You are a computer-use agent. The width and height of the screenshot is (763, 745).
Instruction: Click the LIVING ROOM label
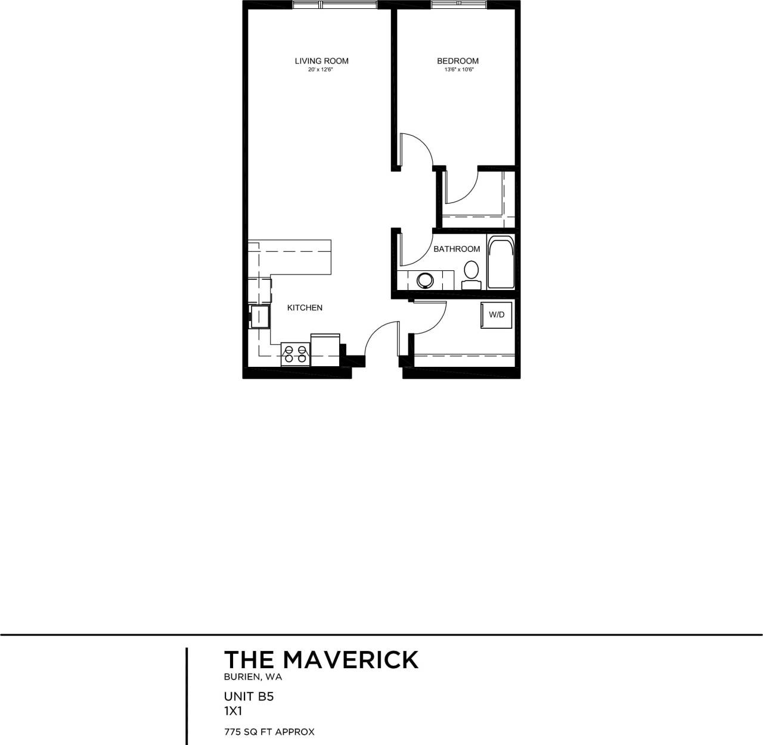click(321, 61)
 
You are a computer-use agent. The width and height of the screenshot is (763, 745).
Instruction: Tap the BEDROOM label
click(457, 61)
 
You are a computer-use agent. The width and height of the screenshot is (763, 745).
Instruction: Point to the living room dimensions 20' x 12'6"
click(321, 70)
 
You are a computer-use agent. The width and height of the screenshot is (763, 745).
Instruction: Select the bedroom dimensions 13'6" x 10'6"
click(458, 70)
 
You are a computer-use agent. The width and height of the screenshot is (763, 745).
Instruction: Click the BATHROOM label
click(457, 249)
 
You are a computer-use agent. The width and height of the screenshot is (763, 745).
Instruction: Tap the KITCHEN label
click(305, 308)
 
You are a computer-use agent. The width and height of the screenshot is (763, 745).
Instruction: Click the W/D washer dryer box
click(497, 314)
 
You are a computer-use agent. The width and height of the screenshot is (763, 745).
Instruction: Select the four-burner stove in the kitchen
click(295, 354)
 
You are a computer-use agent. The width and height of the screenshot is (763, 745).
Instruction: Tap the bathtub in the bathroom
click(501, 262)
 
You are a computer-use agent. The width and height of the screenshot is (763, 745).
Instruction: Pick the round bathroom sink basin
click(426, 280)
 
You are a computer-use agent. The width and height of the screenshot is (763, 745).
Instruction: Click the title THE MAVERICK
click(321, 660)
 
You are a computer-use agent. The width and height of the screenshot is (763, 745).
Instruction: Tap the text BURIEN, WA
click(253, 677)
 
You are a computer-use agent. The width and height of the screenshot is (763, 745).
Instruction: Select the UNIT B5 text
click(249, 696)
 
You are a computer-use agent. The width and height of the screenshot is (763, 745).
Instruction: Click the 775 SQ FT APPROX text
click(269, 731)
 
